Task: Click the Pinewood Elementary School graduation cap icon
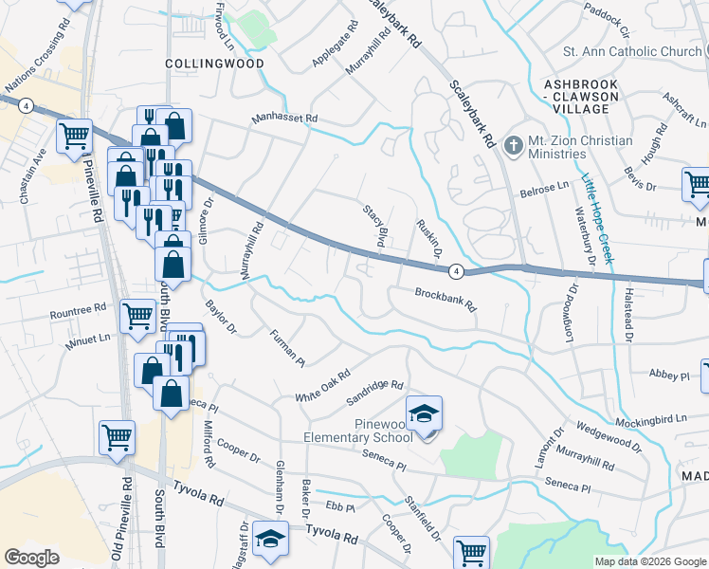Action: (x=424, y=413)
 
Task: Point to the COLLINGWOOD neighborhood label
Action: (x=214, y=64)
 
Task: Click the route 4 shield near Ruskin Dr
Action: (x=456, y=271)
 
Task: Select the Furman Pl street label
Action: (x=286, y=348)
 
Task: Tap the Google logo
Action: (x=32, y=558)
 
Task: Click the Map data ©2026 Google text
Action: (x=649, y=561)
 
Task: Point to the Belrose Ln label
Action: (x=544, y=191)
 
